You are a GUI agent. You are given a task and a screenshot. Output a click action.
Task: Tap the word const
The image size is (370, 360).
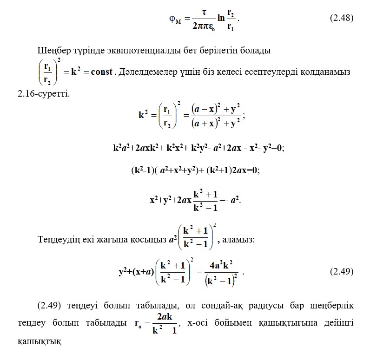point(99,72)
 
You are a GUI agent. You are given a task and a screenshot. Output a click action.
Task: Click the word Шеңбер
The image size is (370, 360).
point(52,50)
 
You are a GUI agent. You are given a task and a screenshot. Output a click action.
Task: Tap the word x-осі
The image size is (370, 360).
point(198,323)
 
